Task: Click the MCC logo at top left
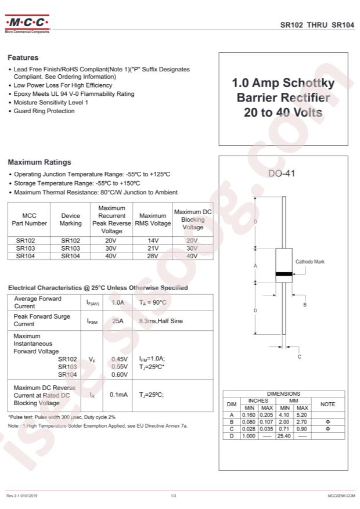click(x=27, y=23)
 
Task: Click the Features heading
click(x=23, y=58)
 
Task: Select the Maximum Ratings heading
click(x=39, y=163)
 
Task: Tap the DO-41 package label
click(x=283, y=173)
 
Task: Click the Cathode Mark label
click(x=310, y=262)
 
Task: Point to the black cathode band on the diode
click(x=283, y=273)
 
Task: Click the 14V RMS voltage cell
click(x=153, y=240)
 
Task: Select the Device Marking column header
click(x=71, y=219)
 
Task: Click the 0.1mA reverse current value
click(x=119, y=395)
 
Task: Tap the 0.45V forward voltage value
click(x=119, y=359)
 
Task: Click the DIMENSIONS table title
click(x=283, y=394)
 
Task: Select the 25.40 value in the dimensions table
click(x=285, y=435)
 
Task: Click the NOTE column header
click(x=328, y=404)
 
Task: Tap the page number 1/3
click(x=173, y=496)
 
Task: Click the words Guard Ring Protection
click(x=44, y=111)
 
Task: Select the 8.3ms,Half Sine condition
click(x=161, y=320)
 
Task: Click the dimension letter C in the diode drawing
click(x=300, y=357)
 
